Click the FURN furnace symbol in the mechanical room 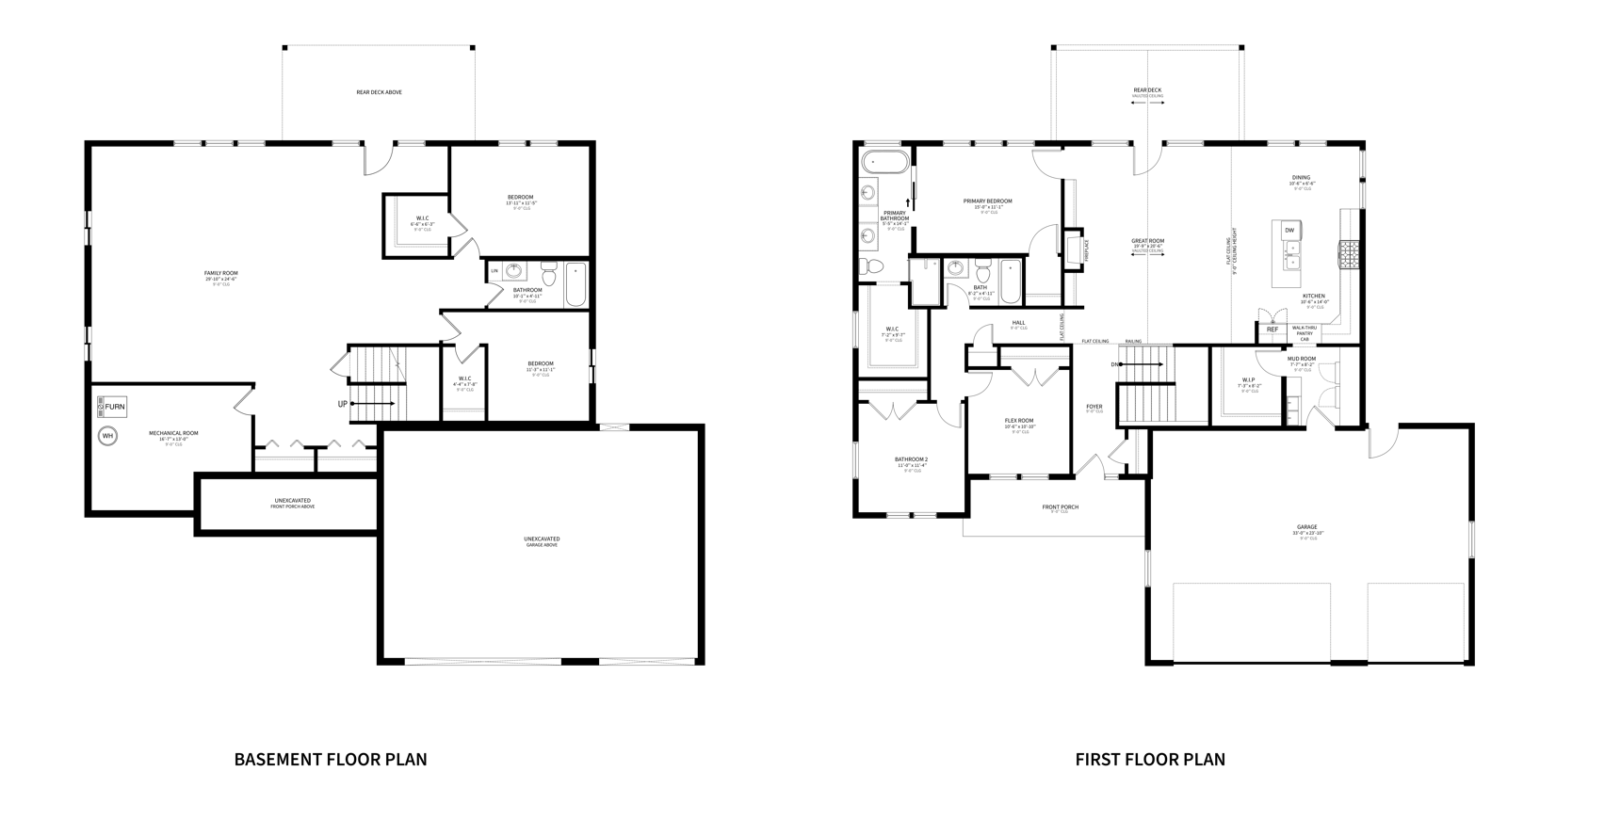click(112, 408)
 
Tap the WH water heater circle click(107, 436)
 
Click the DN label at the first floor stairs click(1115, 364)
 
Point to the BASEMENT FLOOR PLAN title click(331, 759)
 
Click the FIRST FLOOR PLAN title click(1150, 759)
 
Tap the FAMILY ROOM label click(221, 273)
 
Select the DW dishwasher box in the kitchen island click(1289, 231)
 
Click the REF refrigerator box click(1272, 330)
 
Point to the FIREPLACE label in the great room click(1086, 249)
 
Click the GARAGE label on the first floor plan click(1306, 527)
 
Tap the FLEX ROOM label click(1019, 421)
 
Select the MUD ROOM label click(1303, 359)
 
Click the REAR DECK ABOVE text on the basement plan click(380, 92)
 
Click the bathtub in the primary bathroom click(885, 161)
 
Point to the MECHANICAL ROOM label click(173, 434)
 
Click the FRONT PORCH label click(1060, 507)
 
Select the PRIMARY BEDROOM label click(987, 201)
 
